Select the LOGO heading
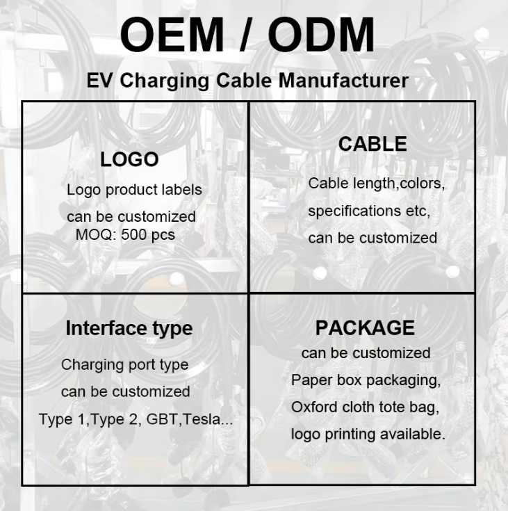point(129,159)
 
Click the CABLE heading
point(372,144)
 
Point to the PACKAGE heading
point(365,327)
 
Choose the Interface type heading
point(129,328)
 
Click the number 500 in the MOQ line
point(135,234)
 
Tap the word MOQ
point(94,234)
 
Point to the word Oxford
point(315,407)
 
